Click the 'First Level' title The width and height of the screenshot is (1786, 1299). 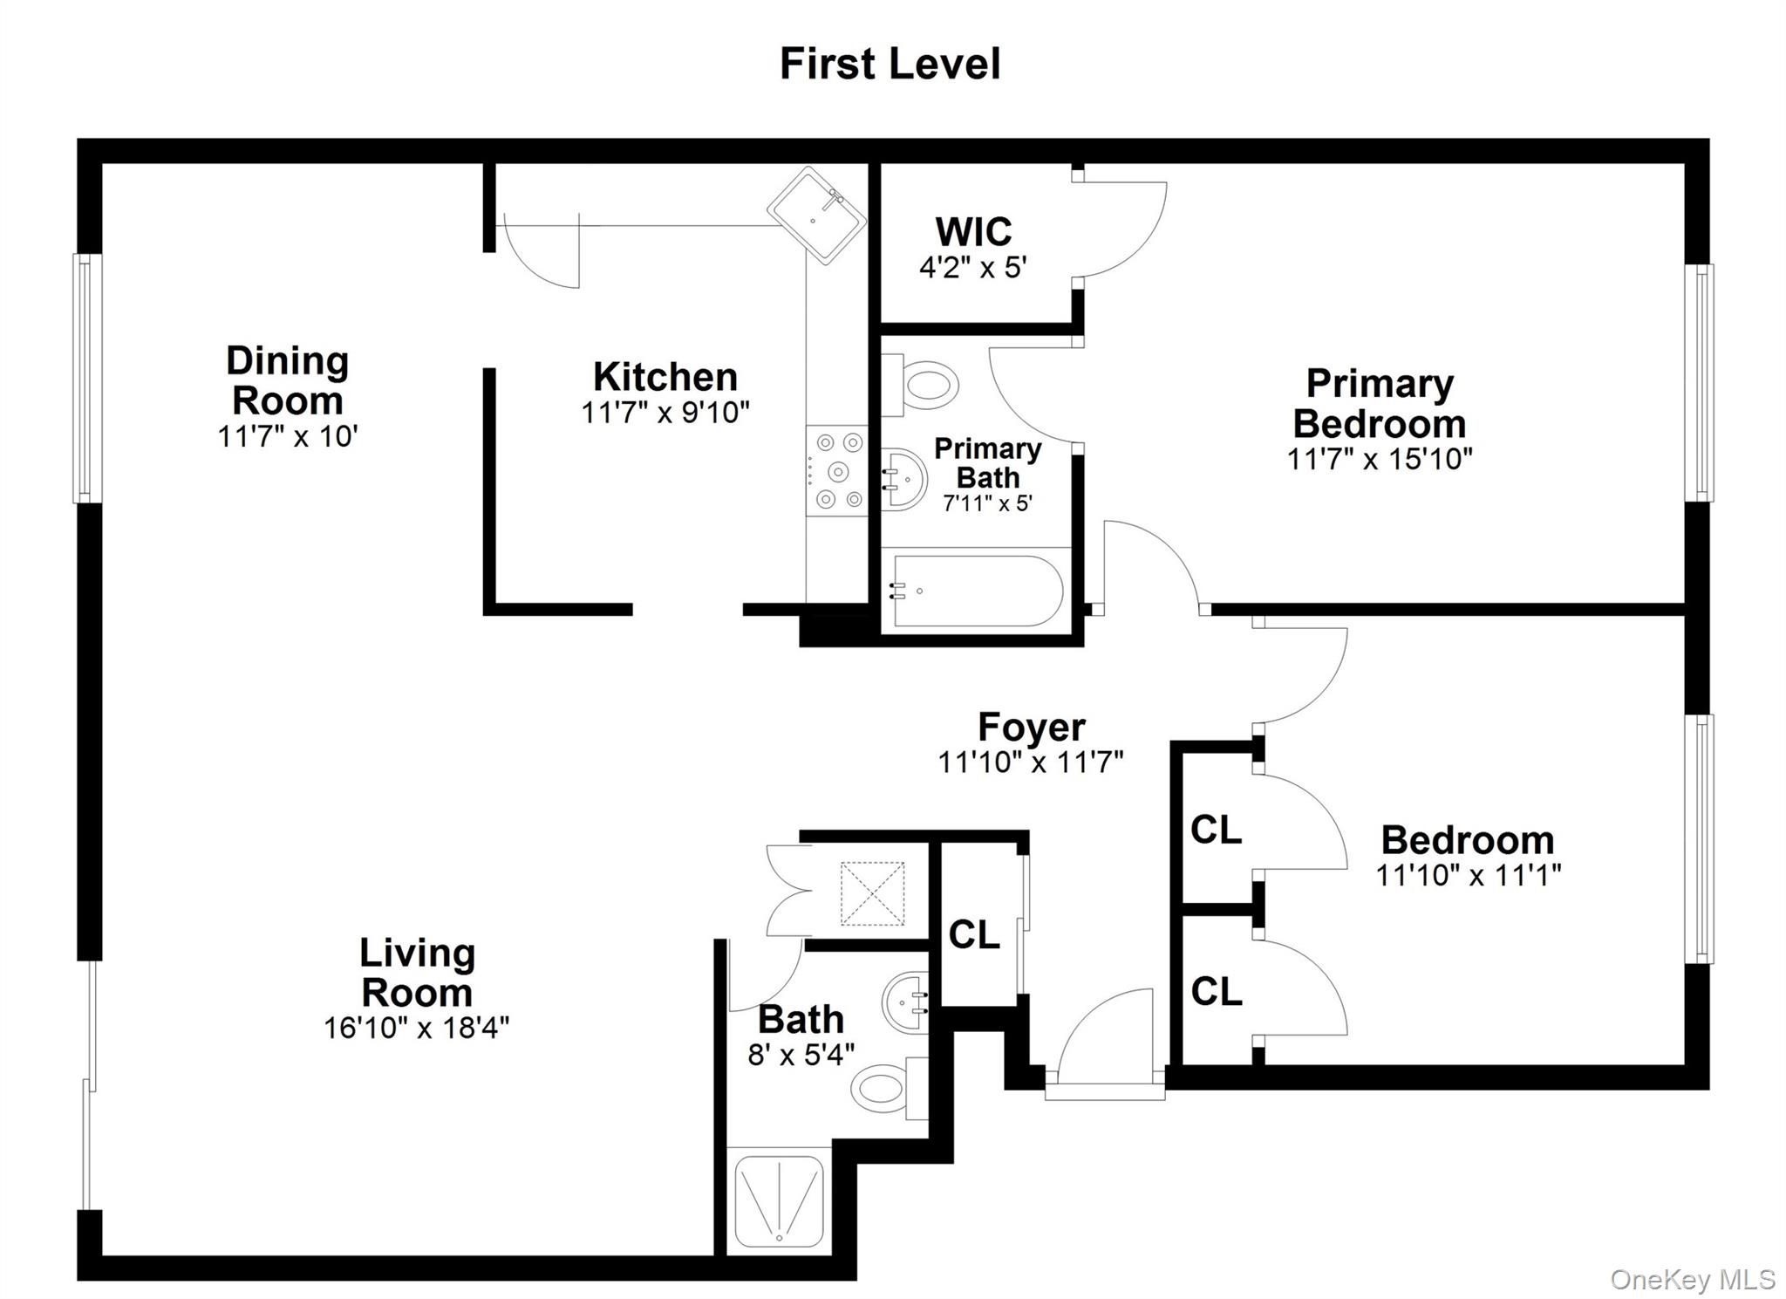coord(890,64)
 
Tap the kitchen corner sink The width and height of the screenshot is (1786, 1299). coord(817,215)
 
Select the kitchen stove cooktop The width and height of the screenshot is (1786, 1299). coord(836,470)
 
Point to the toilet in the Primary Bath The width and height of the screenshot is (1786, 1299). coord(920,384)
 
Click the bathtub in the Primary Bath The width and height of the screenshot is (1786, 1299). coord(976,591)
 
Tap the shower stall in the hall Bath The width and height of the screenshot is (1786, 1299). coord(780,1200)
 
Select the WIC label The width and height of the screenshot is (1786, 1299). coord(973,232)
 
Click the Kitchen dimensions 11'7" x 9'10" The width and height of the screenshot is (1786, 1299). coord(665,412)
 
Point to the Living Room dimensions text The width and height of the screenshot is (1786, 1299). coord(417,1028)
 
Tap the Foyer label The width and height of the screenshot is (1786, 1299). coord(1031,727)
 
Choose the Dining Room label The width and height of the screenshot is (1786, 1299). coord(288,380)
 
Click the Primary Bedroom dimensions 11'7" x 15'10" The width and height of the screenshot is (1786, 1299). coord(1380,459)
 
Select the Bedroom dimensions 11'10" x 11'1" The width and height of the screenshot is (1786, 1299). coord(1469,875)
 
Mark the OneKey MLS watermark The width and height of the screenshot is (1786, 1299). coord(1693,1279)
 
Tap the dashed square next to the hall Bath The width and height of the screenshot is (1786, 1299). coord(872,893)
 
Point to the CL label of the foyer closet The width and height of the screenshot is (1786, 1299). coord(974,934)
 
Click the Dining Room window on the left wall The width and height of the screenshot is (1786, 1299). coord(87,378)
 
